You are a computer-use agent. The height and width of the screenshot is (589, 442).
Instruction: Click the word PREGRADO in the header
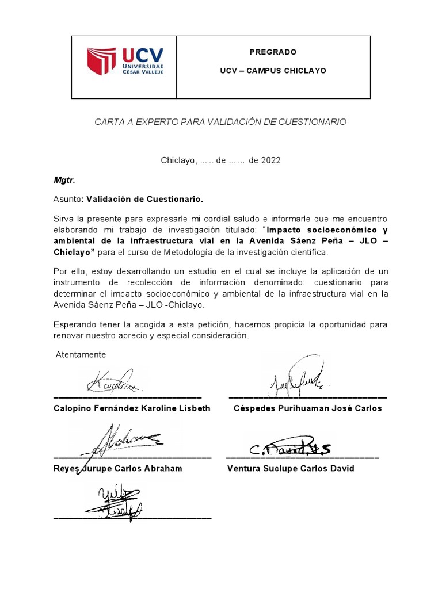point(273,52)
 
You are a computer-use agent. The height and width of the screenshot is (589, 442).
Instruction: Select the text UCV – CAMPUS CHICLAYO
point(273,71)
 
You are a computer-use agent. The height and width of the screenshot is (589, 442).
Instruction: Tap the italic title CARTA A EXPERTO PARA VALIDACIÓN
point(220,122)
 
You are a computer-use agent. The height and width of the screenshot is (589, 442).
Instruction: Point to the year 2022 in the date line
point(270,160)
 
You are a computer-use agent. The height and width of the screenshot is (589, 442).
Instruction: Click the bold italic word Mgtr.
point(64,180)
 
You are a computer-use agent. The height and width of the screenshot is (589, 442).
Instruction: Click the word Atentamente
point(81,354)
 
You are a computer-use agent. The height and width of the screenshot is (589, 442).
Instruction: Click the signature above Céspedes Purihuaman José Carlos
point(296,377)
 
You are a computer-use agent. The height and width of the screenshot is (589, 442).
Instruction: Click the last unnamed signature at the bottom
point(114,499)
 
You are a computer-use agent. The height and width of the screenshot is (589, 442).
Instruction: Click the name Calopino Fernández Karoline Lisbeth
point(132,408)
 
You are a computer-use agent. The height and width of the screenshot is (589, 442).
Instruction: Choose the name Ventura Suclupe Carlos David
point(291,468)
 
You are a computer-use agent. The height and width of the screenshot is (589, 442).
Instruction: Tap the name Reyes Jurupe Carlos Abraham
point(118,468)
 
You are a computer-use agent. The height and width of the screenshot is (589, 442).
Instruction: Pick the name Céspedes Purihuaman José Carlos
point(307,408)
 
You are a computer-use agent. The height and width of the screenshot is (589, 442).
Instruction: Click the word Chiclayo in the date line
point(178,160)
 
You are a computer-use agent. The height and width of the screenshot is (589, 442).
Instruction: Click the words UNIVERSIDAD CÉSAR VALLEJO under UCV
point(143,69)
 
